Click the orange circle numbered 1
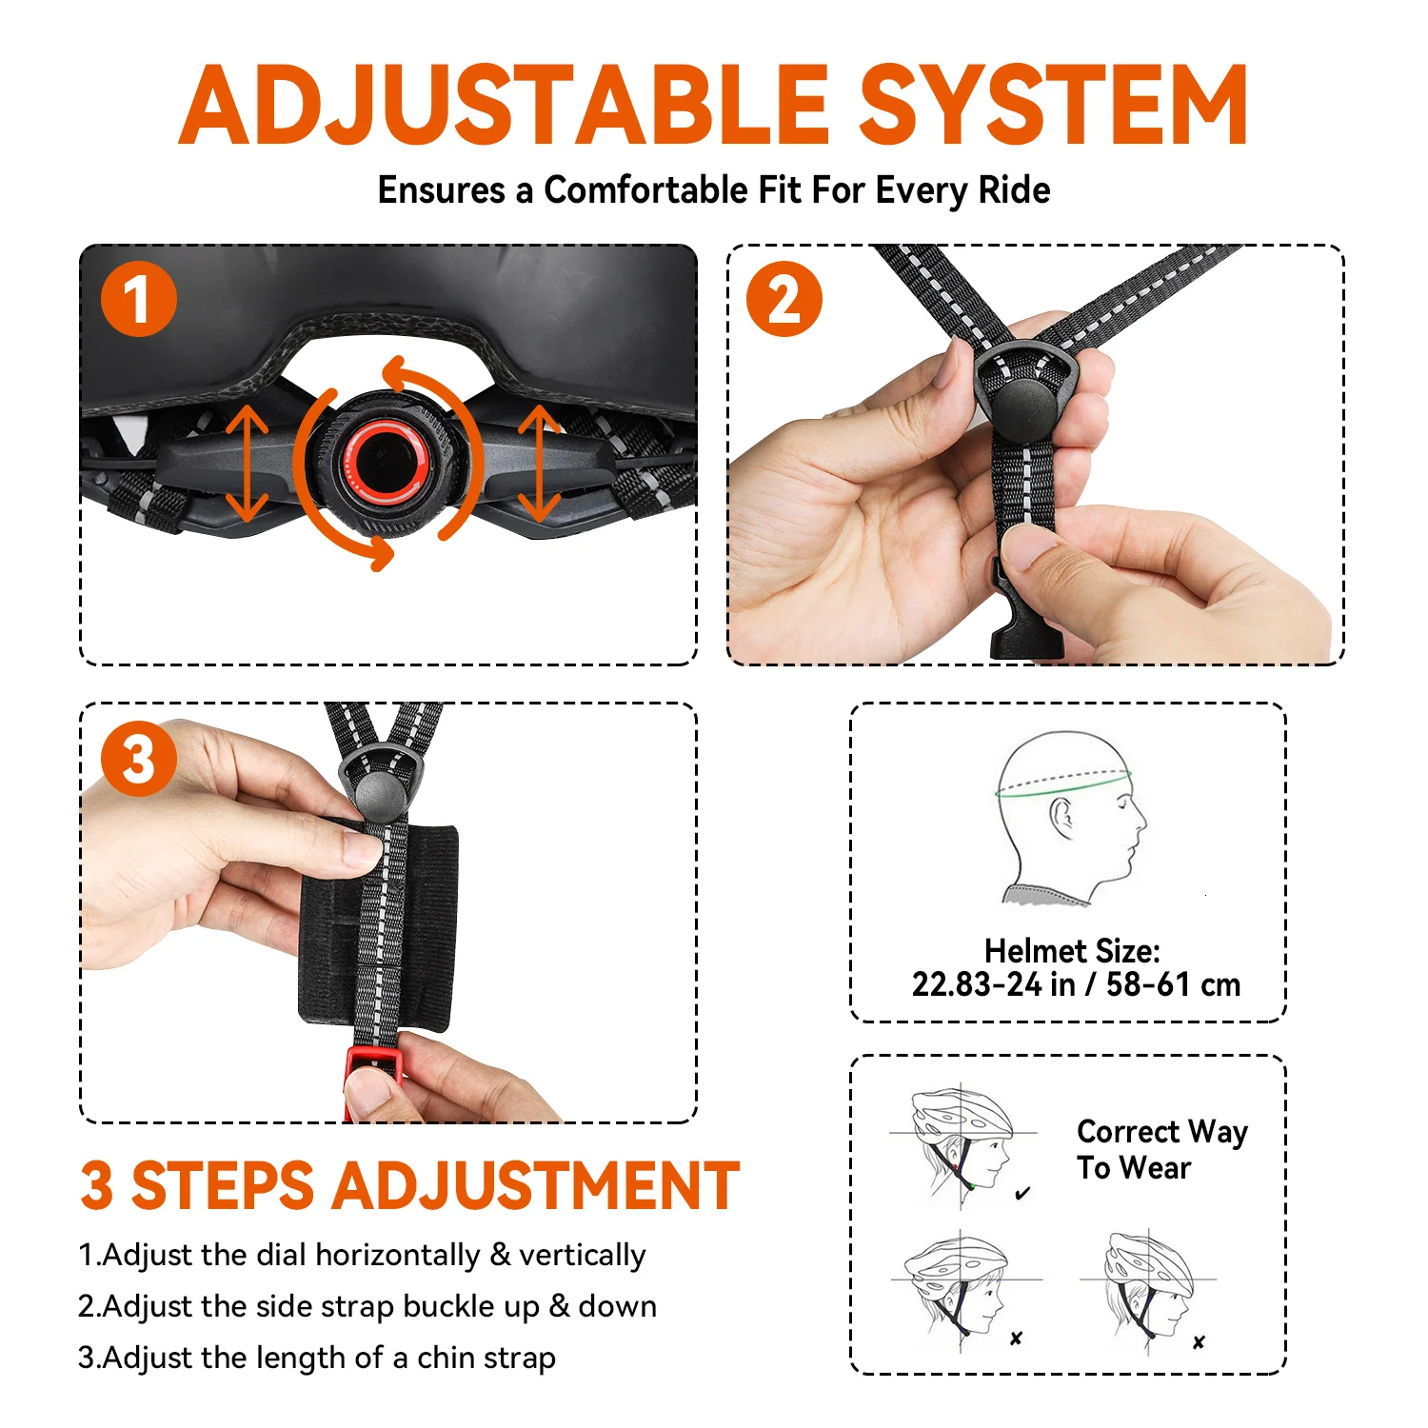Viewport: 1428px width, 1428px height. (139, 299)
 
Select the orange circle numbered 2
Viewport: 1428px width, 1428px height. (784, 299)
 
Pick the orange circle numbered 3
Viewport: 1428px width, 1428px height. (139, 759)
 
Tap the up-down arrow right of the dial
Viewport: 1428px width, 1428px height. (540, 463)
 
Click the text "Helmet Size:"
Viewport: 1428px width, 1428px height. (1072, 950)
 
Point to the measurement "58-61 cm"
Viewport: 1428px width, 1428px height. (1173, 984)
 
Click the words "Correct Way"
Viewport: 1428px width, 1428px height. (1162, 1131)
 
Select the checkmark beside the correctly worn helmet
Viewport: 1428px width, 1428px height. (1022, 1193)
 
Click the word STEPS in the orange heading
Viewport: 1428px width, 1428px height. (223, 1185)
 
